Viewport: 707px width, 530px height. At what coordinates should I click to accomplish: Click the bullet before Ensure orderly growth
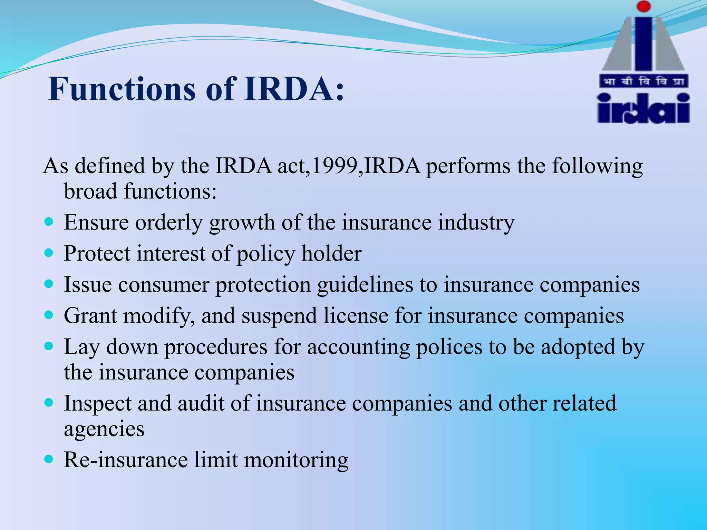click(49, 221)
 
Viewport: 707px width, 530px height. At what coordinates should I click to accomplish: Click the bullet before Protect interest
click(49, 253)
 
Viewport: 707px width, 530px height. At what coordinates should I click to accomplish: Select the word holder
click(331, 254)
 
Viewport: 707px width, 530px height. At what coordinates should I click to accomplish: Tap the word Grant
click(90, 316)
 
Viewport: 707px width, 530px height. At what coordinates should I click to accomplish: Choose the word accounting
click(358, 347)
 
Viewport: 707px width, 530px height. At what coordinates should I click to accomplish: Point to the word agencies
click(104, 430)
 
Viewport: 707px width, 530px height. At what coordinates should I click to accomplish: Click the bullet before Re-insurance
click(49, 459)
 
